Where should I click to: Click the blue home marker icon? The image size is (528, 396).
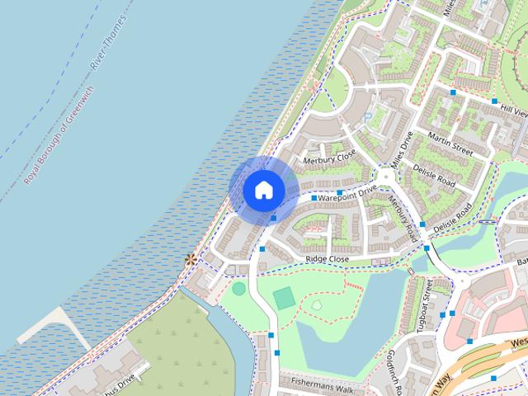point(263,190)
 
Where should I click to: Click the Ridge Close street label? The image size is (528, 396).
point(328,259)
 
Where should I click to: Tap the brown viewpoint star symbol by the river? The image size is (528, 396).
point(191,259)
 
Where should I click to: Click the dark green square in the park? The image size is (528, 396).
point(283,298)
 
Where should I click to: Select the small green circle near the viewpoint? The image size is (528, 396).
point(238,288)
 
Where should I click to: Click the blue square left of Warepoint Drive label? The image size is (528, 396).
point(314,199)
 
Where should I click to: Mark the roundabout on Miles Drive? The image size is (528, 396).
point(385,177)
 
